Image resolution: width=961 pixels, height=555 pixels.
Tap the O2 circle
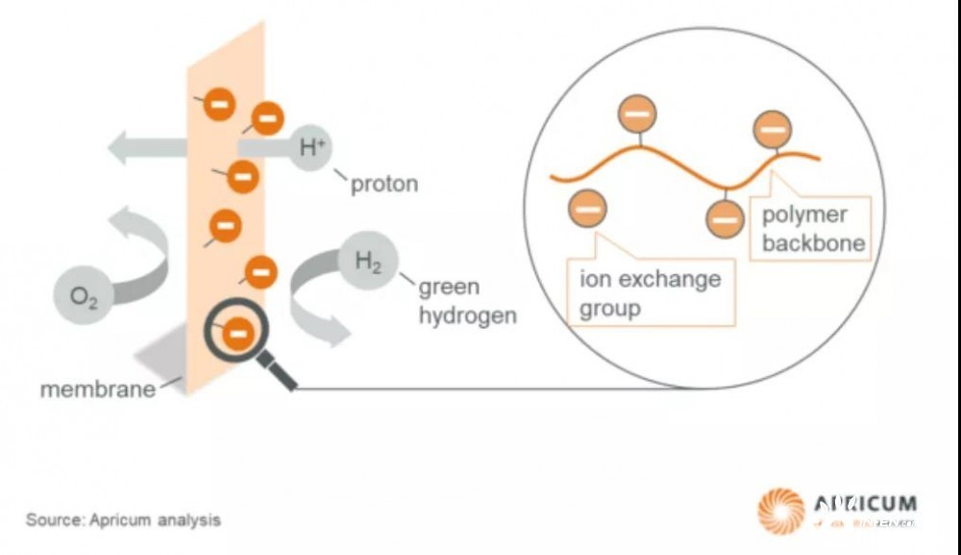(85, 294)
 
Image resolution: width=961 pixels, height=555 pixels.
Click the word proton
(384, 184)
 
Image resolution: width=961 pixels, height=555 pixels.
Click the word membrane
(97, 391)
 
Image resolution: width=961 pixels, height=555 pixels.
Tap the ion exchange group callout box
(651, 293)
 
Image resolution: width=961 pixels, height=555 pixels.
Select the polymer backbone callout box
(813, 229)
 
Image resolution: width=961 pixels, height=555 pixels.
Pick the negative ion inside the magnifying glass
(238, 333)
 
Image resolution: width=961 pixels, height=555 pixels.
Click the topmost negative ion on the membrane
(219, 103)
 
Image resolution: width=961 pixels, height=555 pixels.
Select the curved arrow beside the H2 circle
(316, 298)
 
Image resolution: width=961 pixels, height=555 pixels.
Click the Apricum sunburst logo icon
(780, 510)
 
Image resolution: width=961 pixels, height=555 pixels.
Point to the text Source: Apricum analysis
(123, 520)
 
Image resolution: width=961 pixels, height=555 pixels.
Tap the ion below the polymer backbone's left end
(587, 208)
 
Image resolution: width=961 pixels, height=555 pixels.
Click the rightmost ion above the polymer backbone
(772, 129)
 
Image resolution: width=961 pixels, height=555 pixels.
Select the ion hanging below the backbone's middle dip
(725, 218)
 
